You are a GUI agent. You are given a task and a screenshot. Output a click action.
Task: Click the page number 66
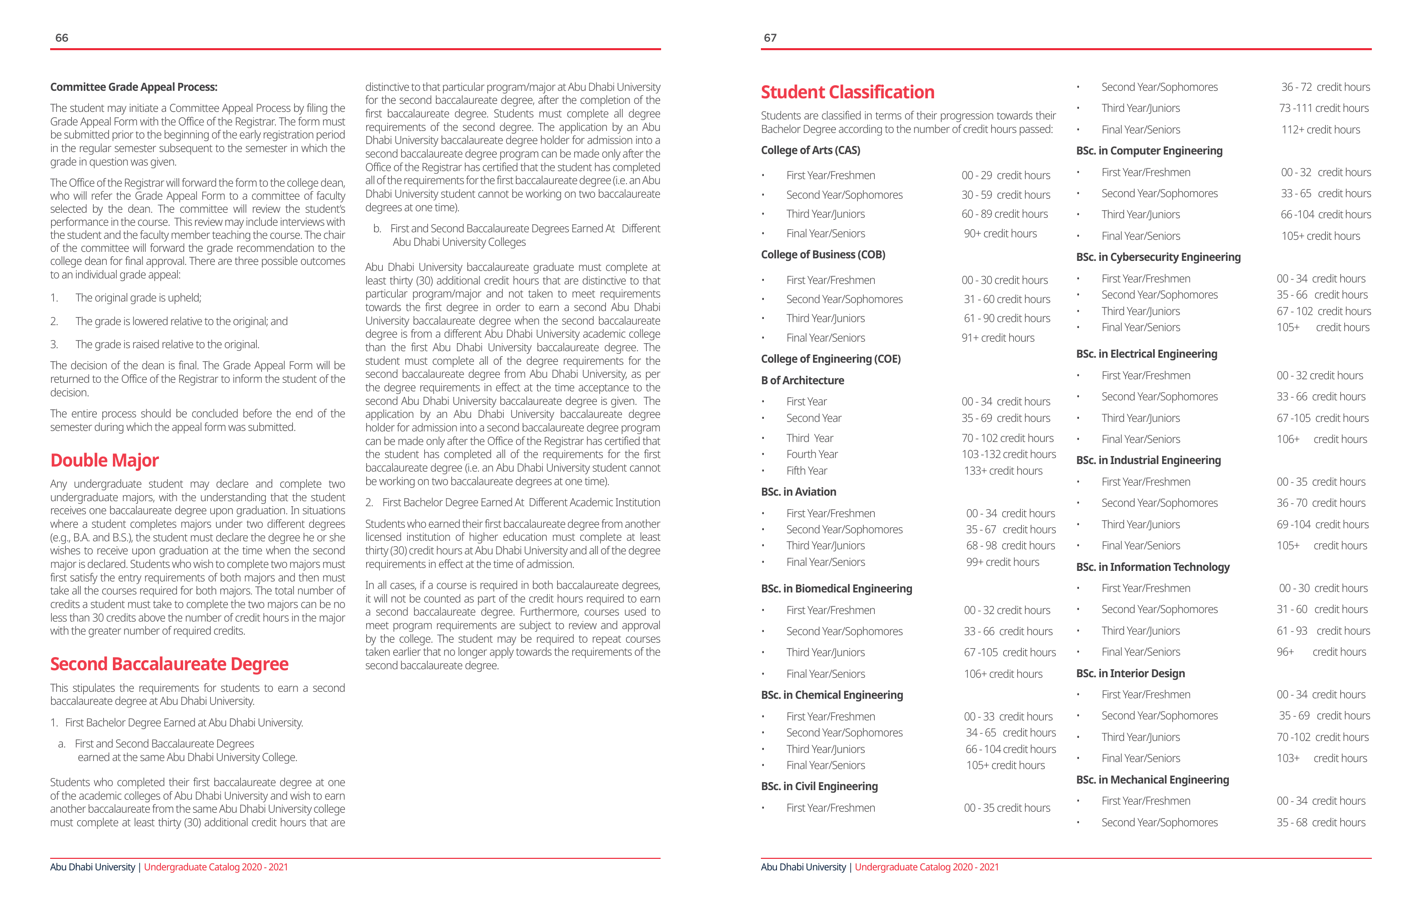(61, 38)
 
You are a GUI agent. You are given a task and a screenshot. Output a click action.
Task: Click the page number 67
(769, 38)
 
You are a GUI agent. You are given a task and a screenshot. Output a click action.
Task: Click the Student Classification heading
(847, 92)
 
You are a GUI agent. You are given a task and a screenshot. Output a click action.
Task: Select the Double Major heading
(104, 460)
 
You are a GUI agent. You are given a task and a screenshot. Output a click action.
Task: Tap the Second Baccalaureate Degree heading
(169, 664)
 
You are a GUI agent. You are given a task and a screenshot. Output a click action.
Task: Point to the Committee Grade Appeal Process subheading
(133, 87)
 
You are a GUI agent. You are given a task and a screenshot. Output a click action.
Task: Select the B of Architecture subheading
(802, 380)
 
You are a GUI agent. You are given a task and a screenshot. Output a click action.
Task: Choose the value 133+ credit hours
(1003, 471)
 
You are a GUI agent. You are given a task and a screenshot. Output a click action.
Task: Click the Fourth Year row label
(812, 454)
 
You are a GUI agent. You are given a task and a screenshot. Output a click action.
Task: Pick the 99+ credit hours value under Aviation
(1002, 562)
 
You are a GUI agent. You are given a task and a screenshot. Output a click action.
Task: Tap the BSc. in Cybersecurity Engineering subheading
(1158, 257)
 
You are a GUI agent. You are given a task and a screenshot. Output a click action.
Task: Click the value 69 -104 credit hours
(1322, 525)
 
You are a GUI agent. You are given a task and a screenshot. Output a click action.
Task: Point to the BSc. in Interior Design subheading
(1130, 673)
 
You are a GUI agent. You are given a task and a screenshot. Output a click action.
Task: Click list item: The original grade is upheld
(137, 297)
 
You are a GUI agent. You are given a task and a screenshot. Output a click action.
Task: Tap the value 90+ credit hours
(1000, 233)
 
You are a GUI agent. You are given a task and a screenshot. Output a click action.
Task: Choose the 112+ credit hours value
(1320, 129)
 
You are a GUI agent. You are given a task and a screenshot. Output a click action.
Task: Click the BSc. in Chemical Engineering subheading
(832, 695)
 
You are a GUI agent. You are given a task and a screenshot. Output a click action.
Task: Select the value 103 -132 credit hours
(1008, 454)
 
